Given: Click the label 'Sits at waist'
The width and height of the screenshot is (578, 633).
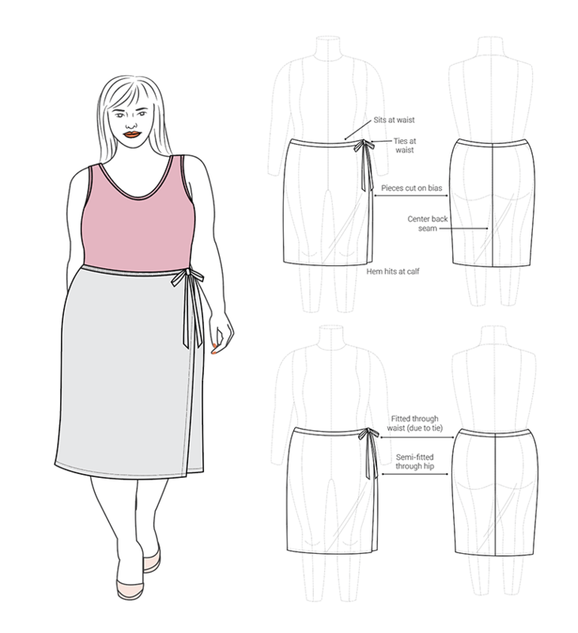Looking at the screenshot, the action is click(x=394, y=120).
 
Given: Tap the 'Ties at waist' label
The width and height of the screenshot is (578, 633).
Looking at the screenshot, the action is click(x=405, y=146).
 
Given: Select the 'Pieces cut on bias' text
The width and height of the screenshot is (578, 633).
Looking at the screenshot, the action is click(x=411, y=188).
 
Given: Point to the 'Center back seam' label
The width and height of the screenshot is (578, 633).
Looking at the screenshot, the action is click(x=427, y=223).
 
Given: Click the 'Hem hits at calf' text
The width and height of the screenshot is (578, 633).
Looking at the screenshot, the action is click(x=392, y=271).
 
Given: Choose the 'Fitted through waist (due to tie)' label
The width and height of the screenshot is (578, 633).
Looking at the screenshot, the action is click(x=414, y=423).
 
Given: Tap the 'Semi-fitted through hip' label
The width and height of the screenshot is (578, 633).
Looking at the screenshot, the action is click(x=414, y=461).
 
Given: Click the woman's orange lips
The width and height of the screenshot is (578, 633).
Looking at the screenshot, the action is click(x=131, y=135).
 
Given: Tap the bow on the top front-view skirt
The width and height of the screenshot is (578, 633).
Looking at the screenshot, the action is click(x=365, y=146).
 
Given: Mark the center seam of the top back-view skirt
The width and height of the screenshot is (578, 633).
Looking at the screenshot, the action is click(x=493, y=204).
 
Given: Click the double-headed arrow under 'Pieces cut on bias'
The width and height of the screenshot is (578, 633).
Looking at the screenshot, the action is click(x=411, y=195).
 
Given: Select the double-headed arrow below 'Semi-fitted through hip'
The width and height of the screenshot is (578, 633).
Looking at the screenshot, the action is click(x=414, y=474).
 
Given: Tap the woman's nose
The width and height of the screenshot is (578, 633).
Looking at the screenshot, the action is click(x=130, y=124).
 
